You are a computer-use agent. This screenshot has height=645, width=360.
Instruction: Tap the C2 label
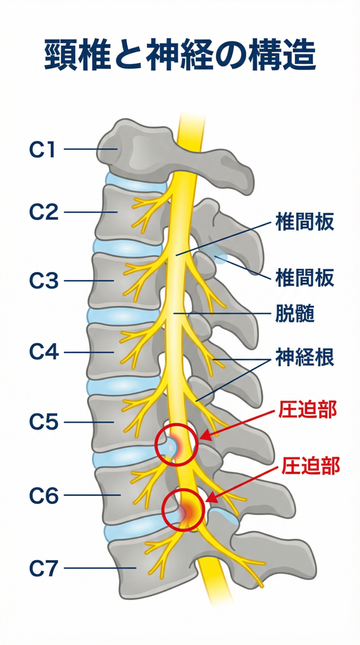click(x=44, y=213)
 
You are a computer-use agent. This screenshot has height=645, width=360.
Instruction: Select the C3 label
click(x=44, y=281)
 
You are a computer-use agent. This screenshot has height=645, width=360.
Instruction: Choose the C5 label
click(x=44, y=422)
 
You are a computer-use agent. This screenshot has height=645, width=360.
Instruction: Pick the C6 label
click(x=44, y=496)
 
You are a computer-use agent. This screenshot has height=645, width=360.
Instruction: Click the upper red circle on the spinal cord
click(x=177, y=444)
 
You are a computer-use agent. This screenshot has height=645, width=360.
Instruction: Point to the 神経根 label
click(x=305, y=358)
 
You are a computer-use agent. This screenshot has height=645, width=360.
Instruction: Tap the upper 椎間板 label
click(x=305, y=222)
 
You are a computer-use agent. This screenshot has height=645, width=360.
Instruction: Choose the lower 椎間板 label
click(x=305, y=278)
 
